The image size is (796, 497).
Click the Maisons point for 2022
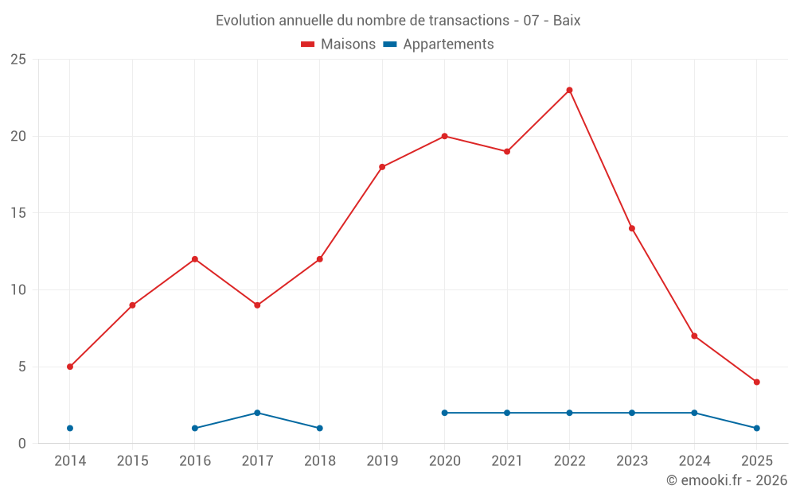(569, 90)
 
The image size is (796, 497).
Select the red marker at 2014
(70, 367)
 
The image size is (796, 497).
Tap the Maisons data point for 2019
(382, 167)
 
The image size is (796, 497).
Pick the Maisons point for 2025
(756, 382)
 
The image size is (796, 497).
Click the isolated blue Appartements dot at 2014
(70, 428)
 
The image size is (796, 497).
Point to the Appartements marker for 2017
(257, 413)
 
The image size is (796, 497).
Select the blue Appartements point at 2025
(756, 428)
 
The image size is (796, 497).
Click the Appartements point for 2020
(444, 413)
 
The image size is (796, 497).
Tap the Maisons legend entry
(338, 45)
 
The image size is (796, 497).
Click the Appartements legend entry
(439, 45)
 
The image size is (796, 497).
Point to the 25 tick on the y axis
(18, 60)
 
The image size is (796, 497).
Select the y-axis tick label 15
(18, 213)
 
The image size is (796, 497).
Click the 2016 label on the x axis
(195, 461)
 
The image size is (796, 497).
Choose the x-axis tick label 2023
(632, 461)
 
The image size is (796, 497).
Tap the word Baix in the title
(566, 21)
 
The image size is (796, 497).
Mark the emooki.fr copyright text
(726, 480)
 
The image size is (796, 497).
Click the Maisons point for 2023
(632, 228)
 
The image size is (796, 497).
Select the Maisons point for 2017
(257, 305)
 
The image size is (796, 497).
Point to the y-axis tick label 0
(22, 444)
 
